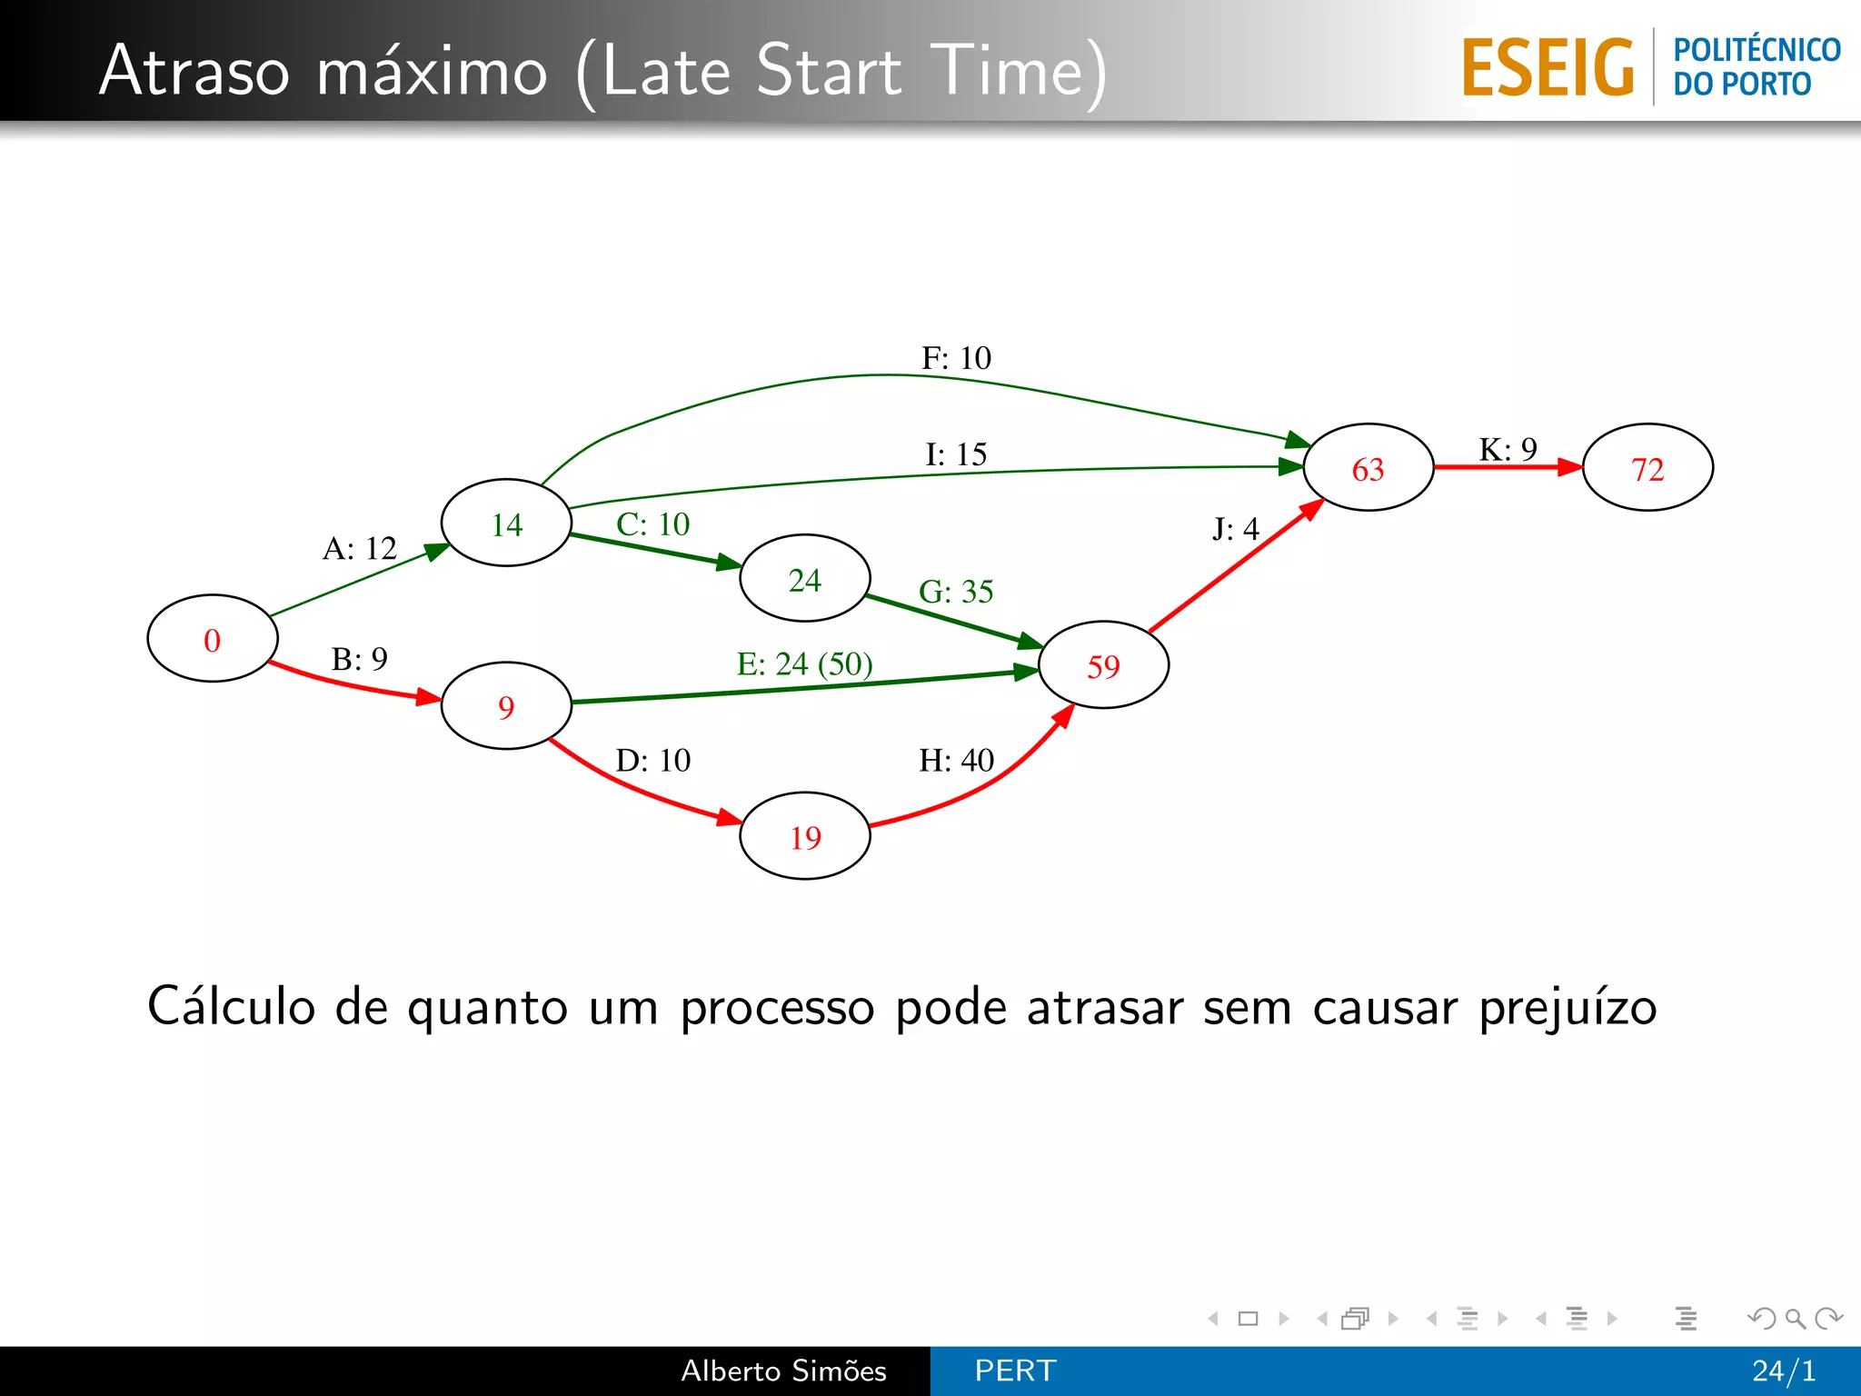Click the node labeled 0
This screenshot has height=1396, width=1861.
pyautogui.click(x=212, y=639)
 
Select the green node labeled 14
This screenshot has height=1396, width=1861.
pyautogui.click(x=506, y=523)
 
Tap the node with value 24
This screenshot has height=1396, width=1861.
pyautogui.click(x=805, y=579)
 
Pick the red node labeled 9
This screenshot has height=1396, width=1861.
pyautogui.click(x=506, y=706)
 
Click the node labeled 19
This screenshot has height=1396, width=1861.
pyautogui.click(x=805, y=836)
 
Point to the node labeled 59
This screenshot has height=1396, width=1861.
pyautogui.click(x=1103, y=665)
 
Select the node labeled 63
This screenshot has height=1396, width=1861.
pyautogui.click(x=1368, y=468)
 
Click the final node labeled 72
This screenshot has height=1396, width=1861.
pyautogui.click(x=1647, y=468)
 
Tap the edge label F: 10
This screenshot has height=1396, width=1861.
pyautogui.click(x=956, y=358)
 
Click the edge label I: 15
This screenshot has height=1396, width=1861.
pyautogui.click(x=956, y=454)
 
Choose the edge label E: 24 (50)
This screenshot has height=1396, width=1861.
pyautogui.click(x=804, y=663)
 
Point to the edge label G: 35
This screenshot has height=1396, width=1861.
pyautogui.click(x=956, y=592)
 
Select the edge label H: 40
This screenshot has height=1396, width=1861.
pyautogui.click(x=956, y=760)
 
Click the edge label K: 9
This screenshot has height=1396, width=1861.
pyautogui.click(x=1508, y=449)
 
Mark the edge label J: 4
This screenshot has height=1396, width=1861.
pyautogui.click(x=1235, y=529)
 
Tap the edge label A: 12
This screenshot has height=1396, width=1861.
pyautogui.click(x=360, y=548)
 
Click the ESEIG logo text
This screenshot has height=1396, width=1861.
pyautogui.click(x=1548, y=68)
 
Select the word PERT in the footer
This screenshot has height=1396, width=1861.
pyautogui.click(x=1015, y=1371)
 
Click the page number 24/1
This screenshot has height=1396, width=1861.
pyautogui.click(x=1784, y=1371)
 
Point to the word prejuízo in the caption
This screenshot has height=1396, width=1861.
pyautogui.click(x=1567, y=1008)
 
